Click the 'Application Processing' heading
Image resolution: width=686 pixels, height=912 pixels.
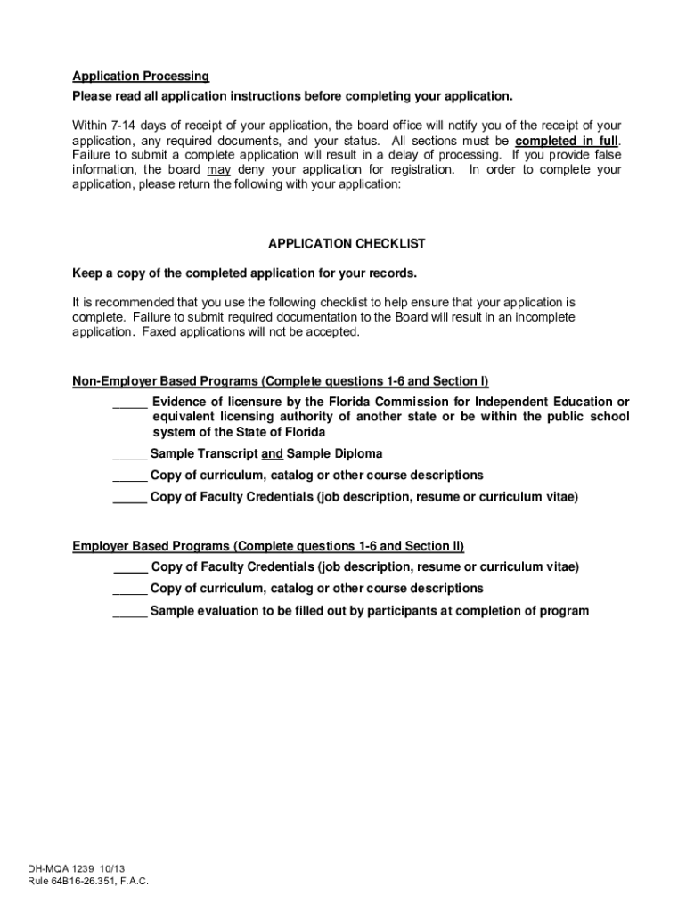click(141, 76)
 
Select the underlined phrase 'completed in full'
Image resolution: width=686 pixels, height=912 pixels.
click(567, 141)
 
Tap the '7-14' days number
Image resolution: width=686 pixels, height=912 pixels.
click(127, 126)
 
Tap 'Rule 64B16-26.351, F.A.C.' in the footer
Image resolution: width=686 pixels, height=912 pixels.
click(87, 881)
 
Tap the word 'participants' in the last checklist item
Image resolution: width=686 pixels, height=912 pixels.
click(396, 611)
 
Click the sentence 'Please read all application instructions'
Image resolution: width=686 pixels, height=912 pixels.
click(292, 96)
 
